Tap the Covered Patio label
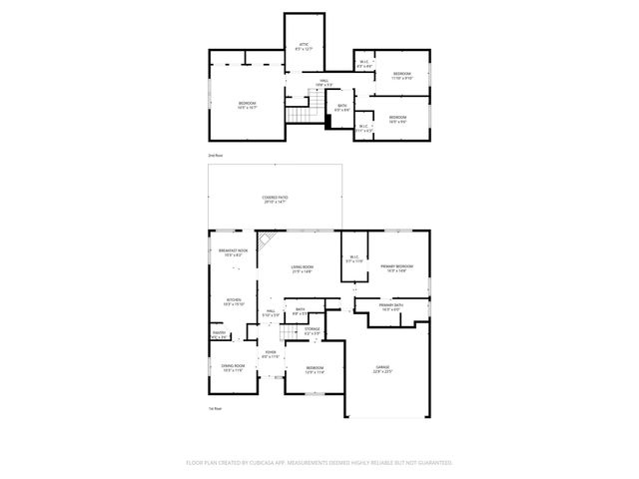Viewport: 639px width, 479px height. [x=276, y=200]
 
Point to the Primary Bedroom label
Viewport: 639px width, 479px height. [x=396, y=267]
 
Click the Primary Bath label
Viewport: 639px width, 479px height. [x=389, y=307]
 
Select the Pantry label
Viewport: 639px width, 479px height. [x=218, y=335]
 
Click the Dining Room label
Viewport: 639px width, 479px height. [x=233, y=368]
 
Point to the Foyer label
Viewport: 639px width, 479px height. [x=269, y=353]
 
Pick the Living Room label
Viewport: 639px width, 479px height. [x=303, y=268]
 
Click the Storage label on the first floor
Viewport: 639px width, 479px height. [x=313, y=329]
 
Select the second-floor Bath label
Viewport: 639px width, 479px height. [x=341, y=107]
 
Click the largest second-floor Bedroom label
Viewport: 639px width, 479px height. [x=247, y=105]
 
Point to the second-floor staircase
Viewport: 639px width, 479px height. [x=299, y=117]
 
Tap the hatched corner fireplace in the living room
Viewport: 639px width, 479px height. [x=267, y=242]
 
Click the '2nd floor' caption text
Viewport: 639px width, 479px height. [x=215, y=157]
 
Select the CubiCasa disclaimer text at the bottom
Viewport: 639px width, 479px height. [x=319, y=463]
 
